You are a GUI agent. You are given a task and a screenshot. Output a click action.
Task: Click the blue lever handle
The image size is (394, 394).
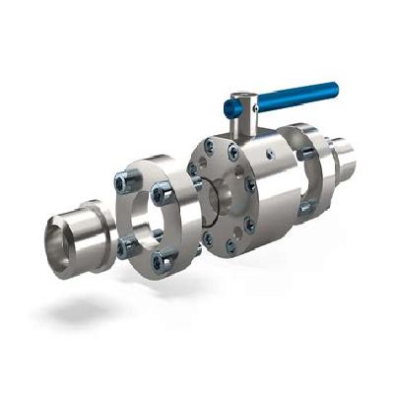tap(295, 96)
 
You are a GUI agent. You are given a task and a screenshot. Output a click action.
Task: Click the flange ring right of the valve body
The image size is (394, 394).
tap(305, 172)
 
